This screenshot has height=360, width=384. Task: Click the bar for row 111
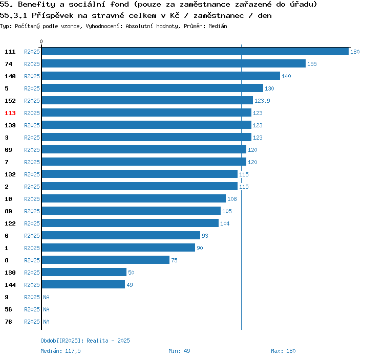pos(195,51)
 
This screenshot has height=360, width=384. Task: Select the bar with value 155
pos(174,63)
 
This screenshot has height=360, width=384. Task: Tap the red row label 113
pos(10,113)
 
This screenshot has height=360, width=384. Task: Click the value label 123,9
pos(262,101)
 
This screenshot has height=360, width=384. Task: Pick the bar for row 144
pos(83,284)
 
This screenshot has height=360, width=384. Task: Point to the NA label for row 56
pos(46,309)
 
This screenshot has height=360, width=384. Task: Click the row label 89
pos(9,211)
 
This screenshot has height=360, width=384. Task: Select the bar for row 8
pos(105,260)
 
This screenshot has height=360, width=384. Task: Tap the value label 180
pos(355,52)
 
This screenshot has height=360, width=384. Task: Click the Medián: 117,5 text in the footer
pos(60,351)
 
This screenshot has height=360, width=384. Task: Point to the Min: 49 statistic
pos(179,351)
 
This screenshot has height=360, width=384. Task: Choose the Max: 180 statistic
pos(283,351)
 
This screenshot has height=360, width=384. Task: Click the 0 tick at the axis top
pos(41,41)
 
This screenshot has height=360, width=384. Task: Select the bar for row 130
pos(84,272)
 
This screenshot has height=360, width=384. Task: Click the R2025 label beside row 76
pos(32,322)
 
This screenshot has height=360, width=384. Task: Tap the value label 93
pos(205,236)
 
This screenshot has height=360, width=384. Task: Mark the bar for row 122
pos(130,223)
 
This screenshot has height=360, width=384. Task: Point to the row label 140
pos(10,76)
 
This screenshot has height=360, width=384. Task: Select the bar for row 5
pos(152,88)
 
